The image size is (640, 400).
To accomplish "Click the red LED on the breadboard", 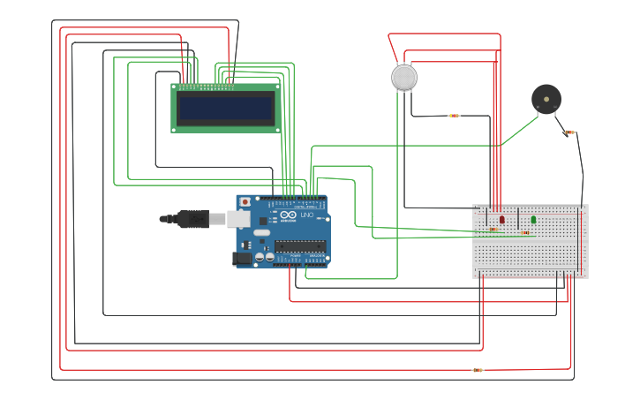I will point(502,219).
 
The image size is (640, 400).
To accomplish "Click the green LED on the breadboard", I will point(533,220).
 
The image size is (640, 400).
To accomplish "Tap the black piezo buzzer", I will point(546,98).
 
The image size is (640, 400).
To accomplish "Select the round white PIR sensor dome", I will point(403,78).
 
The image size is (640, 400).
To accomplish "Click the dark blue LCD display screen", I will point(225,108).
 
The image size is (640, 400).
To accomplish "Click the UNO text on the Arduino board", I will point(306,215).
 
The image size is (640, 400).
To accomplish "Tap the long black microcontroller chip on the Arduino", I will point(299,245).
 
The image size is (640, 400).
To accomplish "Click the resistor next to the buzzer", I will point(569,132).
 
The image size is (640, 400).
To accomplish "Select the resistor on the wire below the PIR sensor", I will point(454,116).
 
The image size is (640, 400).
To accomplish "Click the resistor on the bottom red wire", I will point(478,370).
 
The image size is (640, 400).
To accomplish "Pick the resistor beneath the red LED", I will point(493,230).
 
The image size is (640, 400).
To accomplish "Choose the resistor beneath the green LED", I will point(525,233).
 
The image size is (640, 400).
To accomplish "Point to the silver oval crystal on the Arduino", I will point(261,233).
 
